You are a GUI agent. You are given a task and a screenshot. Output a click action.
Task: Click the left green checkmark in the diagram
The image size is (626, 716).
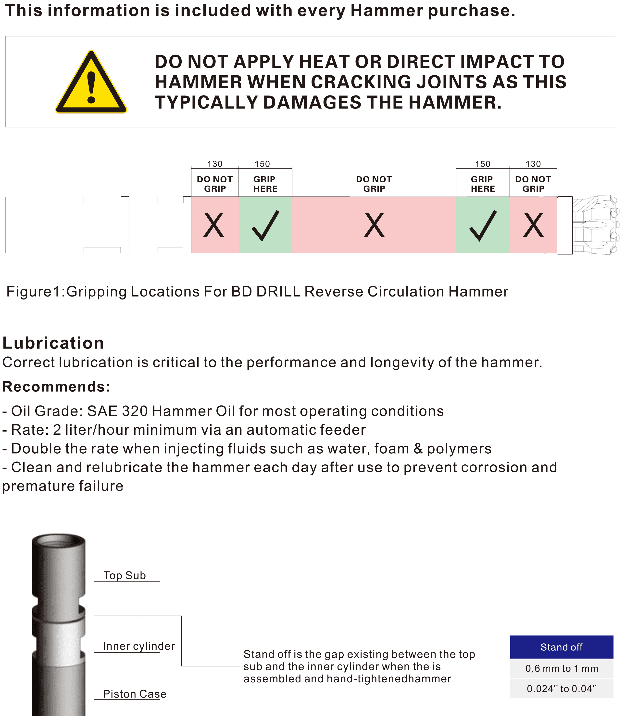tap(265, 225)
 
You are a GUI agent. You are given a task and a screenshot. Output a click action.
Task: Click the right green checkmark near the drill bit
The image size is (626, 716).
tap(483, 225)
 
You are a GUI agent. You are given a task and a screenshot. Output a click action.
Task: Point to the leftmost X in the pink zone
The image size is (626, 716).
tap(213, 225)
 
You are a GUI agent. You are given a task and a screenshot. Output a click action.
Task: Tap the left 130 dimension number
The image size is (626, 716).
tap(215, 164)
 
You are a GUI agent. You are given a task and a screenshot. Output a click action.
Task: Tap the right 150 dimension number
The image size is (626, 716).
tap(483, 164)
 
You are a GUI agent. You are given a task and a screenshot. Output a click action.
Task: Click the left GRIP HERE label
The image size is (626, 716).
tap(265, 184)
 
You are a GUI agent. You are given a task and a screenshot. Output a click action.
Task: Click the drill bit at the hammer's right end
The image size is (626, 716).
tap(596, 225)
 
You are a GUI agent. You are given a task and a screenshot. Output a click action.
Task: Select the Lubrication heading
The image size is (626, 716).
tap(53, 343)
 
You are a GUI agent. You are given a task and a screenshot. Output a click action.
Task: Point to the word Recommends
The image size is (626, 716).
tap(56, 387)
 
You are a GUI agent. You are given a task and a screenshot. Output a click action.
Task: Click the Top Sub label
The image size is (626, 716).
tap(125, 575)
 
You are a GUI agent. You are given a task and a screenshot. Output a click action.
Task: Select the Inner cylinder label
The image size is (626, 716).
tap(139, 646)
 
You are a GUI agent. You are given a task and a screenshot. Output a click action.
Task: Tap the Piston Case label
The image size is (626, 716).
tap(135, 694)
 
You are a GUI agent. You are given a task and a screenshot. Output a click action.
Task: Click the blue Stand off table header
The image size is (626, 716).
tap(561, 647)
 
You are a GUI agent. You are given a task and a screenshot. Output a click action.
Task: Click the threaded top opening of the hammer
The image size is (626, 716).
tap(58, 543)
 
